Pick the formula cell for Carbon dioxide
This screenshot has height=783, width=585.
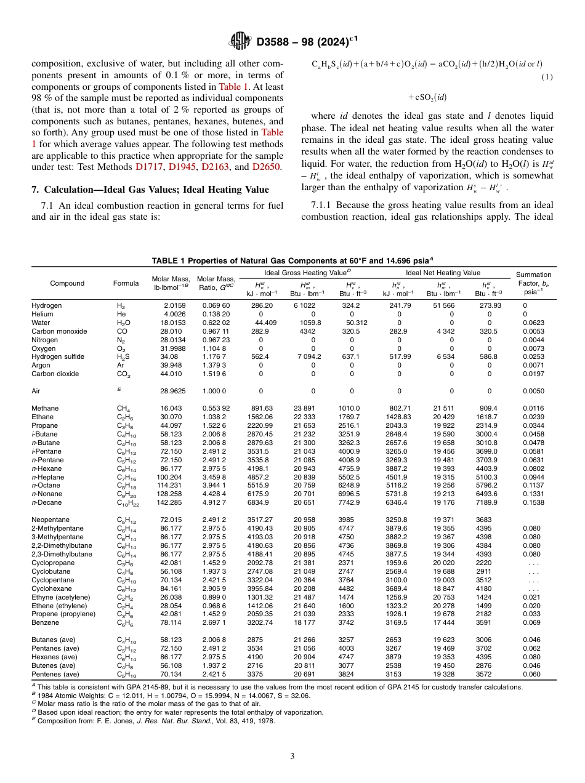[123, 374]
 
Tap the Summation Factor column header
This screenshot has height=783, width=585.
[533, 283]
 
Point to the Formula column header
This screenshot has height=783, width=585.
[126, 283]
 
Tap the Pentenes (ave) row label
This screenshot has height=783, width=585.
[55, 673]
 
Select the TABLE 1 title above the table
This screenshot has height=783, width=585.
[292, 260]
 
